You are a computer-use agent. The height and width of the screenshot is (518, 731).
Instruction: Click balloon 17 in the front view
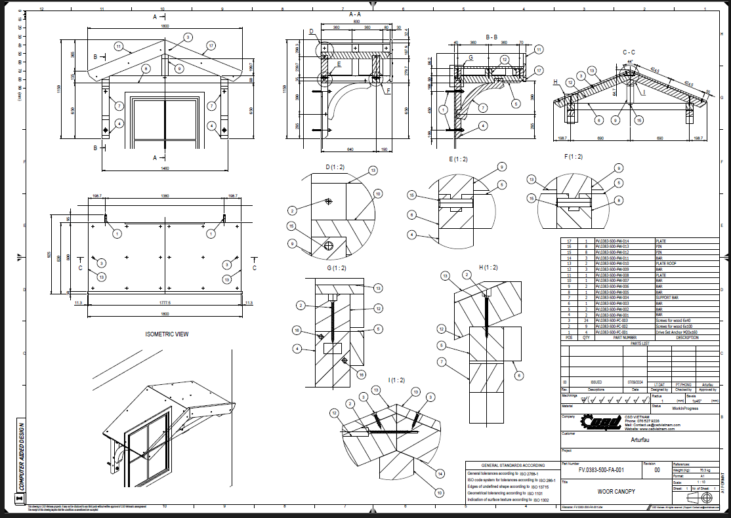211,45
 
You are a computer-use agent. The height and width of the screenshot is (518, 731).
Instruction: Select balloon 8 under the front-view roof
145,68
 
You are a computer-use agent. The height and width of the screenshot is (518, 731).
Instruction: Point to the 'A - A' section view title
355,14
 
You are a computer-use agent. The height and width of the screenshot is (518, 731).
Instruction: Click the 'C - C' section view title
628,52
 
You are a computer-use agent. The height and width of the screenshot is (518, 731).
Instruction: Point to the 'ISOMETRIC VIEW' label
167,334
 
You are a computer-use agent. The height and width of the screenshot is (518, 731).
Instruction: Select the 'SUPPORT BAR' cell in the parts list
669,297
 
